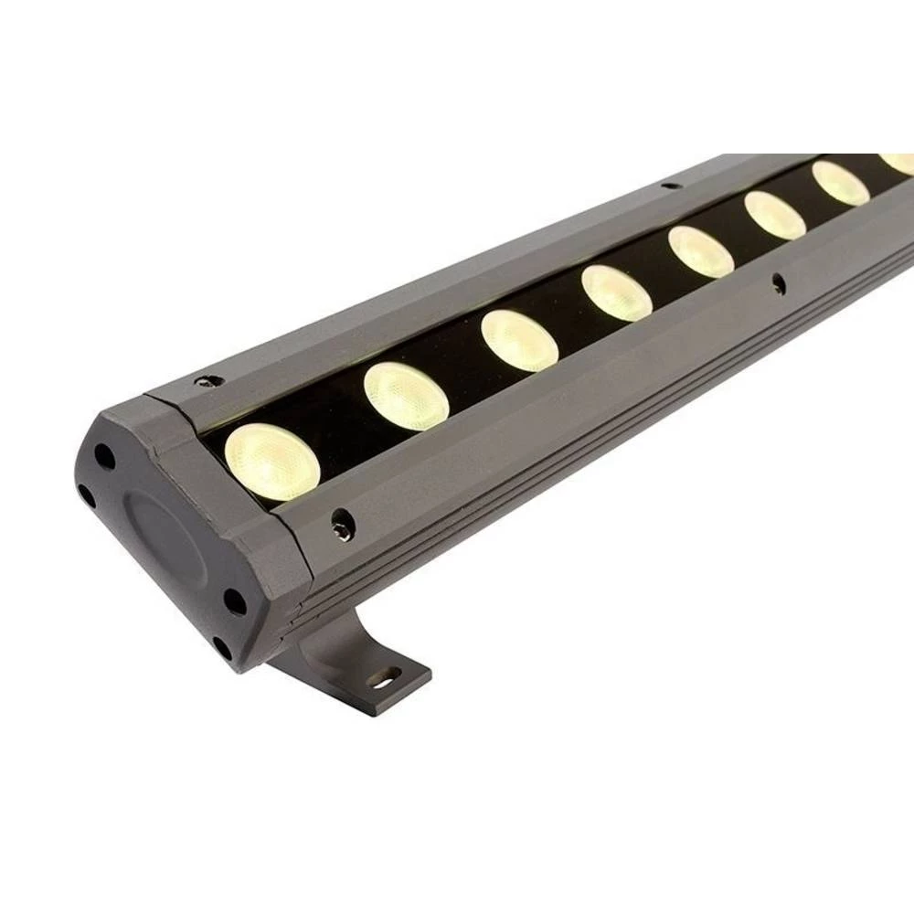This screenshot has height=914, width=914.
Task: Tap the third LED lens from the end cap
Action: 519,340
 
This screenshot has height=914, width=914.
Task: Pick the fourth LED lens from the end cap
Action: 617,292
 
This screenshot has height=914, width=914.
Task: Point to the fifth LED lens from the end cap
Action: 701,251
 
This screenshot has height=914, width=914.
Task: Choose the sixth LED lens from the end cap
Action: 775,216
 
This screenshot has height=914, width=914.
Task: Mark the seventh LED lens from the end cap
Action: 840,183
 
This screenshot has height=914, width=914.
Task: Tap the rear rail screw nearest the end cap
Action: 211,379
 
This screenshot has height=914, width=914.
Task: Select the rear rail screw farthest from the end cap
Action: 671,186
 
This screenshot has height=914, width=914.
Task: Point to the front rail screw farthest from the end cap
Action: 778,283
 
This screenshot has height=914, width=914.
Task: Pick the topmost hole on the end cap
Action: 106,454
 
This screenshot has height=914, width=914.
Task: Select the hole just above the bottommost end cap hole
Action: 234,602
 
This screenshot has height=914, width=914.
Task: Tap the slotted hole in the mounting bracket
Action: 386,678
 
